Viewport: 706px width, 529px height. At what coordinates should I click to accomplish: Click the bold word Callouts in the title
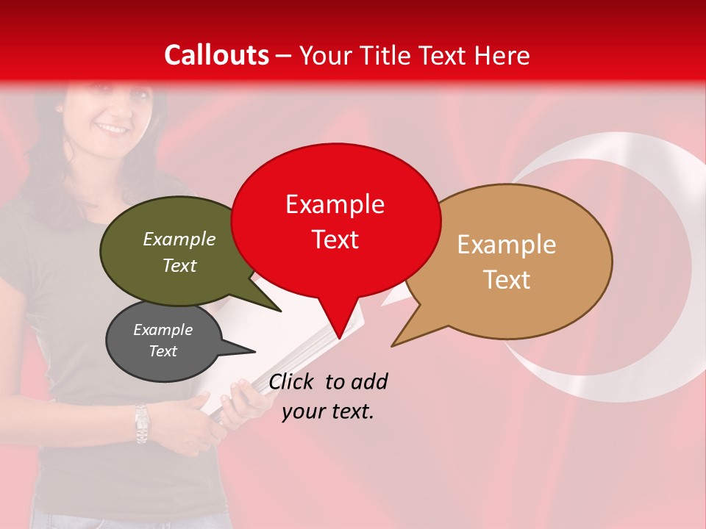point(216,55)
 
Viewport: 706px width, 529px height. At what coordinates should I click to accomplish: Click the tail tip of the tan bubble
point(393,345)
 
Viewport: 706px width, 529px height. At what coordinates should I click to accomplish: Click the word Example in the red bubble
point(335,204)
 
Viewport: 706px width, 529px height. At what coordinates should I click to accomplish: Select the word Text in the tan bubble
point(507,280)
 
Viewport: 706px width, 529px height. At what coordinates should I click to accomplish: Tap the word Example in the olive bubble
point(179,240)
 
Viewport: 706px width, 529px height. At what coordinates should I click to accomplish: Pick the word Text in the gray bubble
point(163,351)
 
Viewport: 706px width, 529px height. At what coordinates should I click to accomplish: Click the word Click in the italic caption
point(293,381)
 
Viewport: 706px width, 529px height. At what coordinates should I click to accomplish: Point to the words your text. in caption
point(328,411)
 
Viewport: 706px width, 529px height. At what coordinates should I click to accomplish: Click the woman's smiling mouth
point(113,128)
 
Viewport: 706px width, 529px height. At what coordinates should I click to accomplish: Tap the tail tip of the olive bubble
point(280,311)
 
